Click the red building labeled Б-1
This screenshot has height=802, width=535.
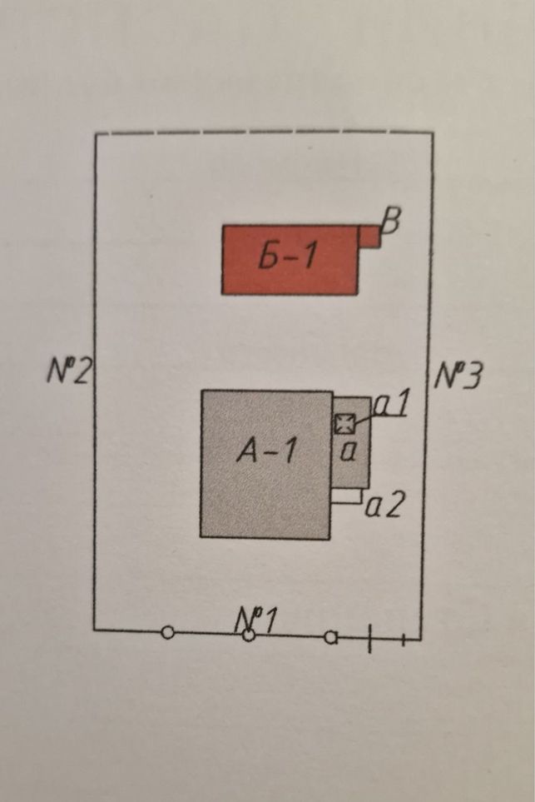coord(290,260)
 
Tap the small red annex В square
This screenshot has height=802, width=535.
coord(369,237)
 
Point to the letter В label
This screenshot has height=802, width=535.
coord(391,222)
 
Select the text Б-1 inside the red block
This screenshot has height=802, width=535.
coord(287,256)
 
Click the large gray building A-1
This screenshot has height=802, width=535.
coord(265,465)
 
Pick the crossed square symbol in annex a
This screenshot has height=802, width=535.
coord(344,424)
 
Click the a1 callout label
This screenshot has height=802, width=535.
coord(392,404)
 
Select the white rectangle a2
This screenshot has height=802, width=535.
coord(347,496)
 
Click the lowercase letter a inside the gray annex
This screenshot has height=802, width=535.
coord(348,453)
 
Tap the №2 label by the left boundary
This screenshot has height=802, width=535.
coord(68,370)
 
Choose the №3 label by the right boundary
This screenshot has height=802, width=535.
coord(458,375)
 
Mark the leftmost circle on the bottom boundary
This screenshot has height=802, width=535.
coord(167,633)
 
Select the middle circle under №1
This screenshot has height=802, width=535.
coord(248,635)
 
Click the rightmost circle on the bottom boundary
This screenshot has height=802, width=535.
coord(331,637)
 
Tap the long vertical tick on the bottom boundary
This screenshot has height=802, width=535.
coord(369,638)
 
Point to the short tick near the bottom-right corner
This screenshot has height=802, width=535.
coord(404,640)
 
